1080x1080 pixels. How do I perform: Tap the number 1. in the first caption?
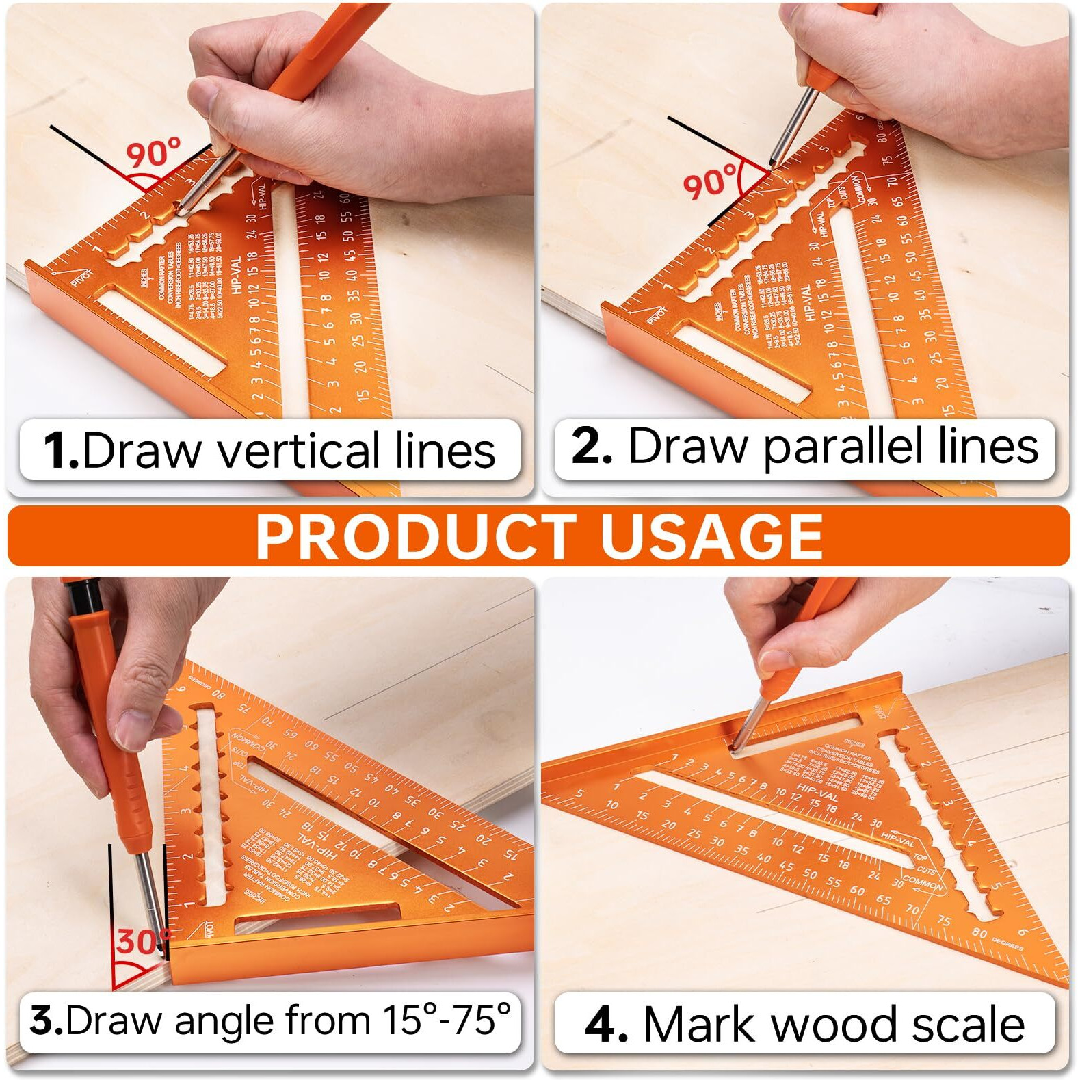[61, 451]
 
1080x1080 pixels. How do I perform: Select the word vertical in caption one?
[297, 451]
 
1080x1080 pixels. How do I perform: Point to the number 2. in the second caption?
[592, 446]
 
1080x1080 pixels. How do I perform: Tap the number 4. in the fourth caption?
[607, 1024]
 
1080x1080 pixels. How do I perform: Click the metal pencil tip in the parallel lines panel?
[774, 162]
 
